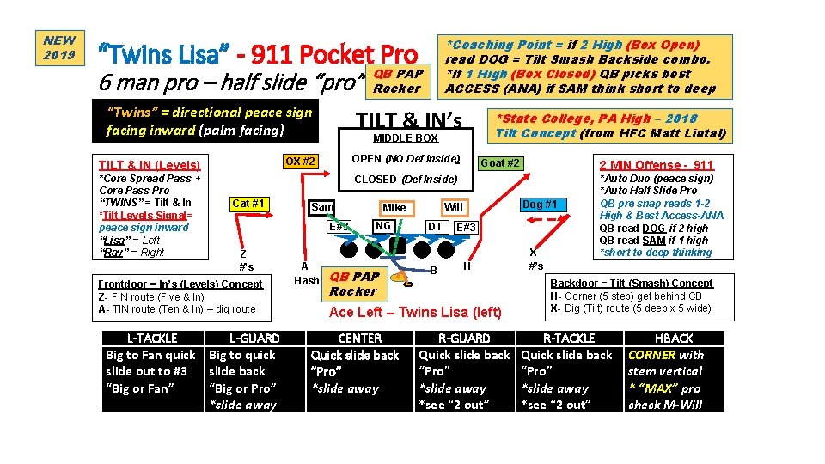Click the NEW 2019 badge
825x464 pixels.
pos(59,48)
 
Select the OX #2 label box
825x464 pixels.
pos(300,162)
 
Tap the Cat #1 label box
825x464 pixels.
pos(248,204)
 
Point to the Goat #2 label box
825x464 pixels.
pos(500,163)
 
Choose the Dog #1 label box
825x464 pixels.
pos(539,205)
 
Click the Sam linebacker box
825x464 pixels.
pos(322,207)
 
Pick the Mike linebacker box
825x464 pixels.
pos(394,208)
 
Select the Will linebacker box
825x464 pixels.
pos(453,207)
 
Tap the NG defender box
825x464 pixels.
pos(383,226)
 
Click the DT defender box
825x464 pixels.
pos(436,227)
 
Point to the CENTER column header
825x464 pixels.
pos(360,339)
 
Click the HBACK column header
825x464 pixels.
pos(674,339)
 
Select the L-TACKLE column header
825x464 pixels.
pos(151,339)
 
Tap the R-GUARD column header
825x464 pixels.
pos(464,339)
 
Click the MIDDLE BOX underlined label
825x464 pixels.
pos(406,138)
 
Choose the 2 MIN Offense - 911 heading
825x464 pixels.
pos(656,164)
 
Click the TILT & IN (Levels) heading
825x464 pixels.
pos(149,164)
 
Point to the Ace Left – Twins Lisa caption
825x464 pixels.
pos(415,312)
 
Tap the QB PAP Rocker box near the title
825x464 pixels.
pos(397,81)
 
